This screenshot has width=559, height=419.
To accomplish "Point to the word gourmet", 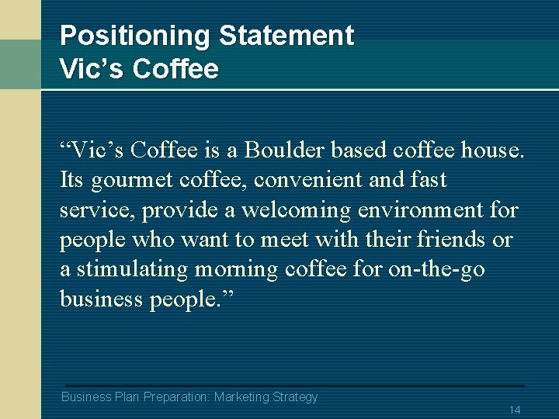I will click(132, 181).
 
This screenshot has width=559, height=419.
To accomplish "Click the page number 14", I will click(514, 410).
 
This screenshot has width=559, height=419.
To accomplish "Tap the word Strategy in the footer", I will click(295, 397).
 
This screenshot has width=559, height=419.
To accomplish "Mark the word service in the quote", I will click(90, 210).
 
